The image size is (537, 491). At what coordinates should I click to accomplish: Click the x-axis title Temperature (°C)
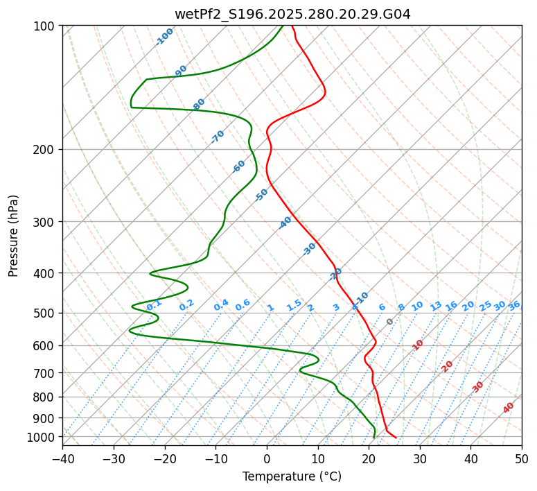point(292,476)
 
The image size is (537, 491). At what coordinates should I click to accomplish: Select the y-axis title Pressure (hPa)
point(14,236)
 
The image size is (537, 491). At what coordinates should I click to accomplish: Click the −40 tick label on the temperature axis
point(62,458)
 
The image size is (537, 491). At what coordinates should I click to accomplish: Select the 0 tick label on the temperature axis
point(267,458)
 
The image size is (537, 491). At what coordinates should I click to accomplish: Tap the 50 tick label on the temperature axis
point(522,458)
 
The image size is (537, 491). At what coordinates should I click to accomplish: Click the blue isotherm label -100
point(165,37)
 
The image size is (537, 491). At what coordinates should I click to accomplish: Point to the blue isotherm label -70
point(218,137)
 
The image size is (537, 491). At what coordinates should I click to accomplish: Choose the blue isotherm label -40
point(285,223)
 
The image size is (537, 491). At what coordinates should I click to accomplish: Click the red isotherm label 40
point(509,408)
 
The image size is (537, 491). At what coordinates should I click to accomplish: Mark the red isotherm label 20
point(447,366)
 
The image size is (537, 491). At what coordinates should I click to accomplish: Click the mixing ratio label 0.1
point(154,304)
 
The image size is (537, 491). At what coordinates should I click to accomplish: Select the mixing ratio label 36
point(514,305)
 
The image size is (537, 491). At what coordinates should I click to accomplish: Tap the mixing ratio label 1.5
point(294,304)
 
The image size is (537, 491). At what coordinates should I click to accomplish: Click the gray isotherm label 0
point(390,322)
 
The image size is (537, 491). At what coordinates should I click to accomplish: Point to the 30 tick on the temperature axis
point(420,458)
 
